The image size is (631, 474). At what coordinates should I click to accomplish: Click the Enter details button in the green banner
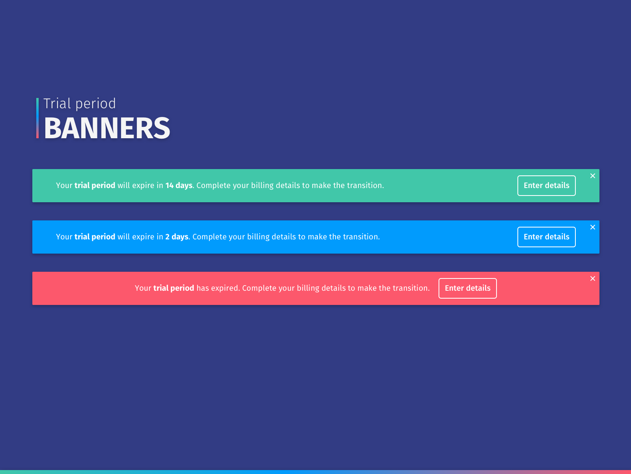click(546, 186)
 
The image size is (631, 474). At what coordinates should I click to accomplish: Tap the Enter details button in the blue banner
click(546, 237)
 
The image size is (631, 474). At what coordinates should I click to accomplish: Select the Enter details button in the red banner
click(467, 288)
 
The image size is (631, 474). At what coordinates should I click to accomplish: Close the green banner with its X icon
click(592, 176)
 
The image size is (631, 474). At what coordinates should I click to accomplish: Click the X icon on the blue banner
click(592, 227)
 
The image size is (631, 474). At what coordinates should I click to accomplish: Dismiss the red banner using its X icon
click(592, 278)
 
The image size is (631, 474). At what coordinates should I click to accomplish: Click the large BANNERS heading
click(107, 128)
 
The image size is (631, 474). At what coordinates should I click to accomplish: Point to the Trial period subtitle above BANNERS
click(80, 103)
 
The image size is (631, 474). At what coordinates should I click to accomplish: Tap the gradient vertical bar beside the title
click(37, 118)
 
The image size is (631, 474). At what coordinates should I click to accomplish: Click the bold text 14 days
click(179, 185)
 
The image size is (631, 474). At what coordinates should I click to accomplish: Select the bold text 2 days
click(177, 237)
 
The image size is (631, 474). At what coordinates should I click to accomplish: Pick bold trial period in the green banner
click(95, 186)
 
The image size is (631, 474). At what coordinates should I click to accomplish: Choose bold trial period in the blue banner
click(95, 237)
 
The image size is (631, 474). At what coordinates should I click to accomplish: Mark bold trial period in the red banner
click(174, 288)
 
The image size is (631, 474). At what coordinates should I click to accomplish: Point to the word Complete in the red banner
click(259, 288)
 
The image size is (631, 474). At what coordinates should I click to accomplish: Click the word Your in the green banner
click(64, 186)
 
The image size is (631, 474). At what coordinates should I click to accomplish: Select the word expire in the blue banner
click(143, 237)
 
